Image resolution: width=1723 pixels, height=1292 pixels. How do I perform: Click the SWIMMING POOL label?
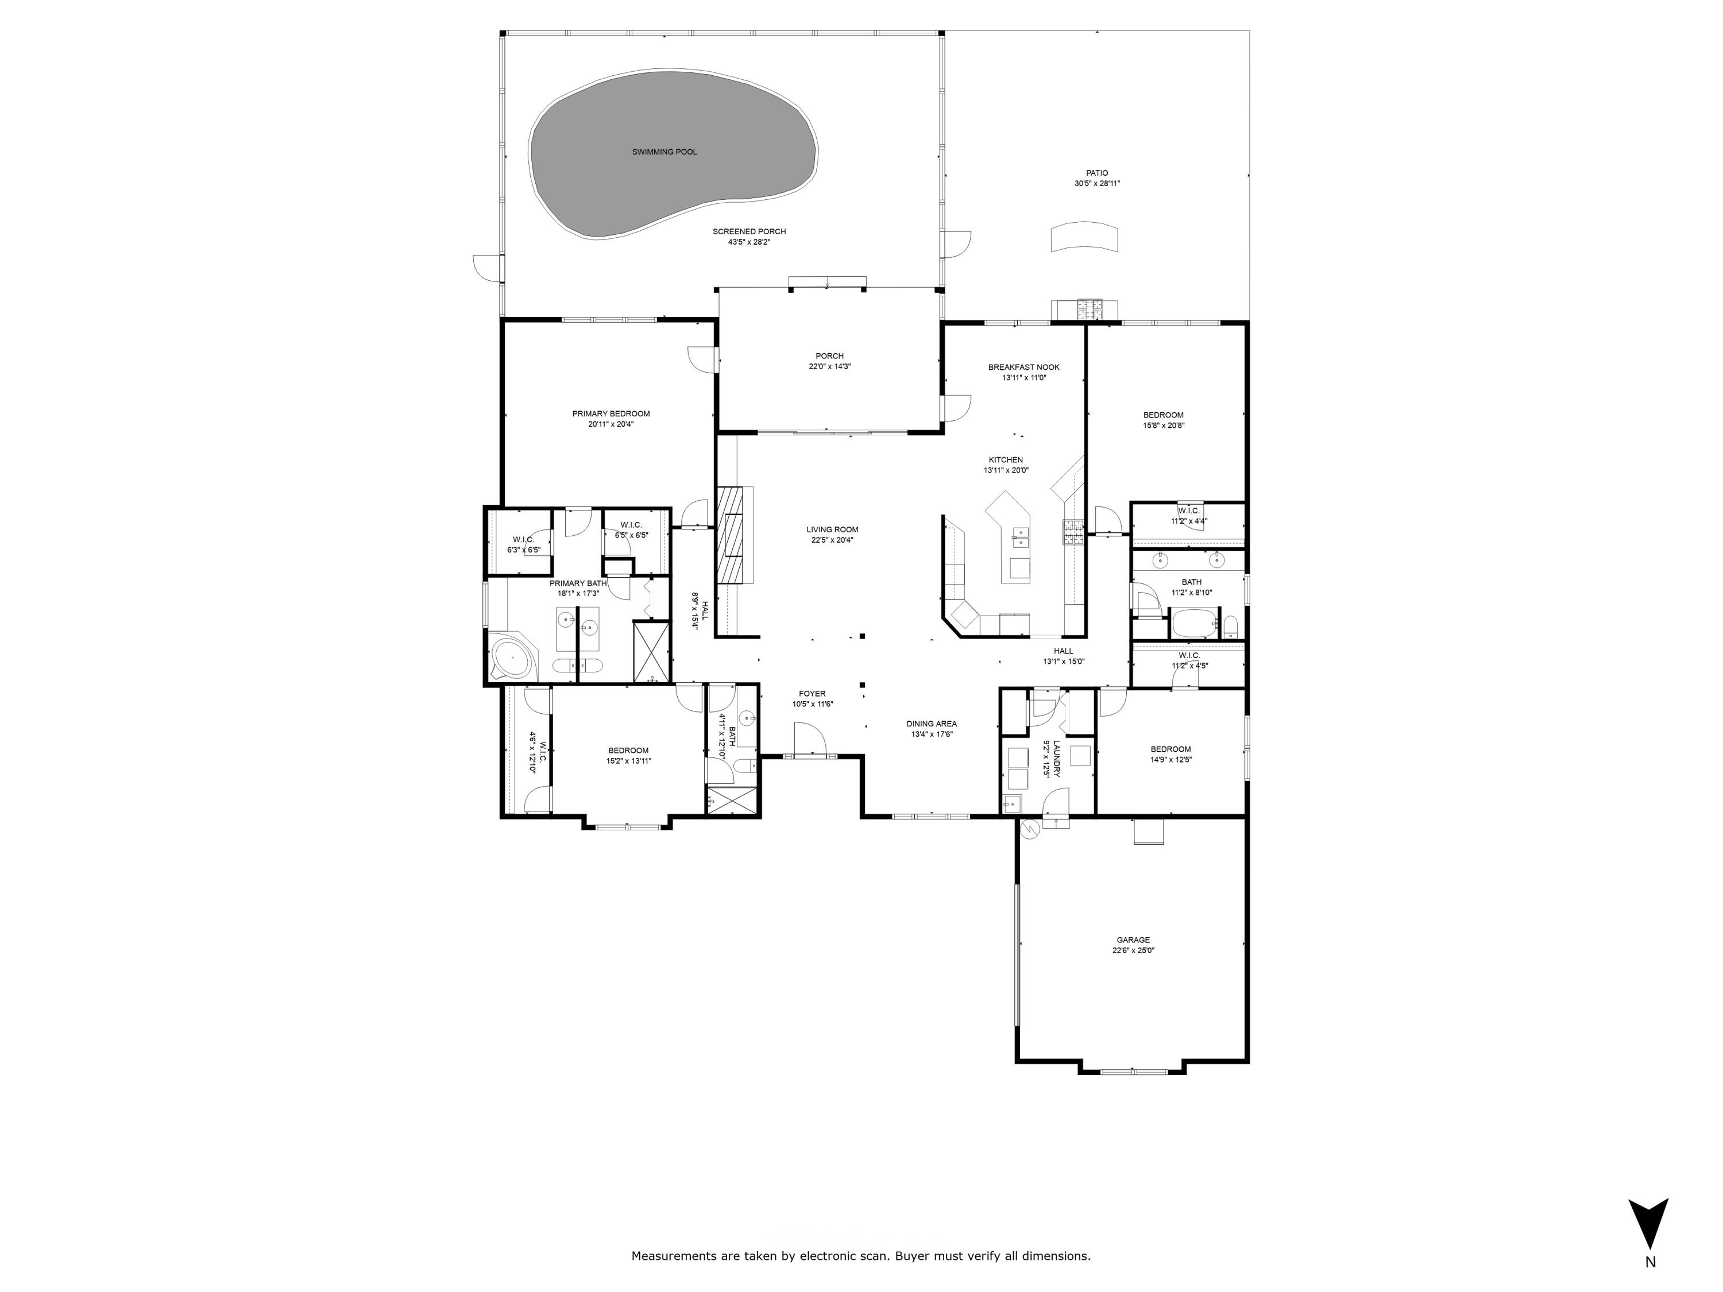pyautogui.click(x=664, y=152)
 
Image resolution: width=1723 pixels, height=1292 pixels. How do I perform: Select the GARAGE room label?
pyautogui.click(x=1133, y=940)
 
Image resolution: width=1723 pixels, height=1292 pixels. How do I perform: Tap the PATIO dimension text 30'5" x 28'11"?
pyautogui.click(x=1097, y=184)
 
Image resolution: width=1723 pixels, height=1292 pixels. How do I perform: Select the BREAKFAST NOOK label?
pyautogui.click(x=1023, y=367)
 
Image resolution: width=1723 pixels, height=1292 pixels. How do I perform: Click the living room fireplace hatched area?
pyautogui.click(x=732, y=534)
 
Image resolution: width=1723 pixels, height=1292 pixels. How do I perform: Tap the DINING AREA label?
pyautogui.click(x=932, y=724)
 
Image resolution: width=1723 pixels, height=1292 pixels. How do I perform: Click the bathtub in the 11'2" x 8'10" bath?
pyautogui.click(x=1193, y=624)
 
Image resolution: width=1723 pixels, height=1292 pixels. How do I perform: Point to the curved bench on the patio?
pyautogui.click(x=1084, y=238)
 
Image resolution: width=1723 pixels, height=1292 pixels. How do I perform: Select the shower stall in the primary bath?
pyautogui.click(x=651, y=652)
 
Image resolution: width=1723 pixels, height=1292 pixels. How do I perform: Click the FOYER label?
pyautogui.click(x=812, y=693)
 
